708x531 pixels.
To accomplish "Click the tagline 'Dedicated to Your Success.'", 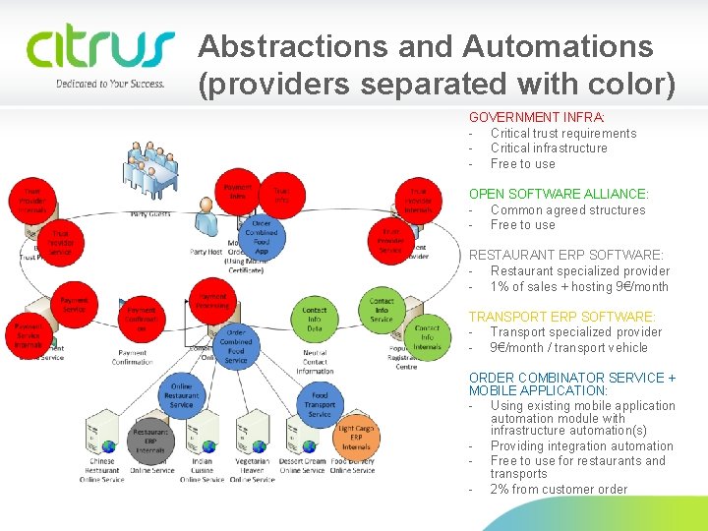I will point(110,84).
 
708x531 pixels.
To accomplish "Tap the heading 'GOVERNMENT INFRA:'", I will point(536,117).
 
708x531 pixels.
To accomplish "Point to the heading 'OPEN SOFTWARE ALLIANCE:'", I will point(559,195).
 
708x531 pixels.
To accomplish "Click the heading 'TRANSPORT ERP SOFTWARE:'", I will point(561,317).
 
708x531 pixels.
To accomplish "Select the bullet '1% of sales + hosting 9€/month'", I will point(579,286).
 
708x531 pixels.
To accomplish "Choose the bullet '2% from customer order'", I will point(559,489).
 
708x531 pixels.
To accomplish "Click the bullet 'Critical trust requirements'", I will point(562,133).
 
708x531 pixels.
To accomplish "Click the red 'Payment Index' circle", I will point(238,191).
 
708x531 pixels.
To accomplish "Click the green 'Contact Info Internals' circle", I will point(427,336).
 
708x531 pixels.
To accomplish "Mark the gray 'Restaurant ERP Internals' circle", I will point(150,441).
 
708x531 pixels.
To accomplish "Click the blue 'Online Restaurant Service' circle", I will point(182,397).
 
